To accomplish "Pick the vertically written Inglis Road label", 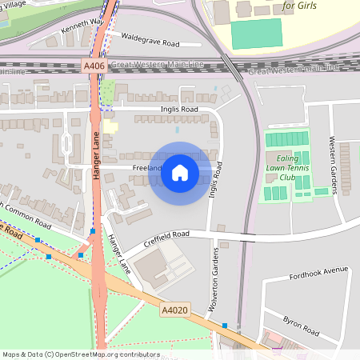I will [214, 181].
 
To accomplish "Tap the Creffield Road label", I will [167, 234].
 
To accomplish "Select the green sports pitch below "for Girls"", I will [257, 34].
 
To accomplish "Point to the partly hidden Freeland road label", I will [147, 168].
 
